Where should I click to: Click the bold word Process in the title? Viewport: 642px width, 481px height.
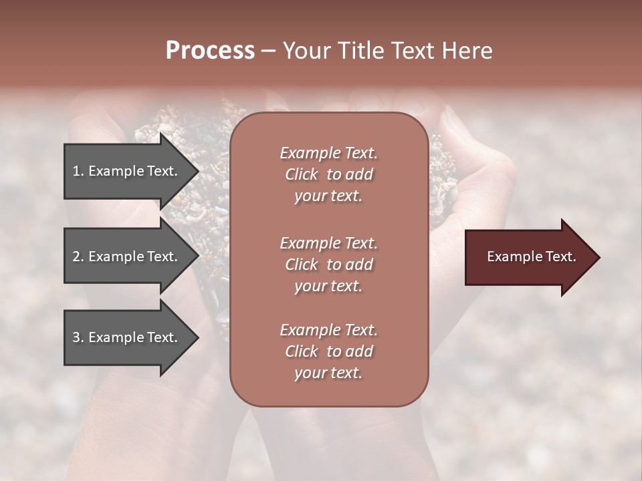(x=210, y=51)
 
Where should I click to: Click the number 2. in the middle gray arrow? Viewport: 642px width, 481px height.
(x=78, y=257)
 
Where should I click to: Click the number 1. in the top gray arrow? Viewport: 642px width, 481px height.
(x=78, y=171)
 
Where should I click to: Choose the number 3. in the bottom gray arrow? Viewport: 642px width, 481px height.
(x=78, y=337)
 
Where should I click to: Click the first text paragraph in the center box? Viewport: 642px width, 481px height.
(x=328, y=174)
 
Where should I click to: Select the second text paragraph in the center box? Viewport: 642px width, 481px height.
(x=328, y=264)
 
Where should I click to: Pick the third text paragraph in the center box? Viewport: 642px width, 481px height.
(x=328, y=351)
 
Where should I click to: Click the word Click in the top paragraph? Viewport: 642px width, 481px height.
(x=302, y=174)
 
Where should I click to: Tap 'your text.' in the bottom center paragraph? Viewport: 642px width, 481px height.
(x=328, y=373)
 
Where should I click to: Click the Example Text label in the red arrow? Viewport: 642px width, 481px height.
(x=531, y=257)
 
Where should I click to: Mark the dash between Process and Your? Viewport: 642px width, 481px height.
(x=268, y=51)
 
